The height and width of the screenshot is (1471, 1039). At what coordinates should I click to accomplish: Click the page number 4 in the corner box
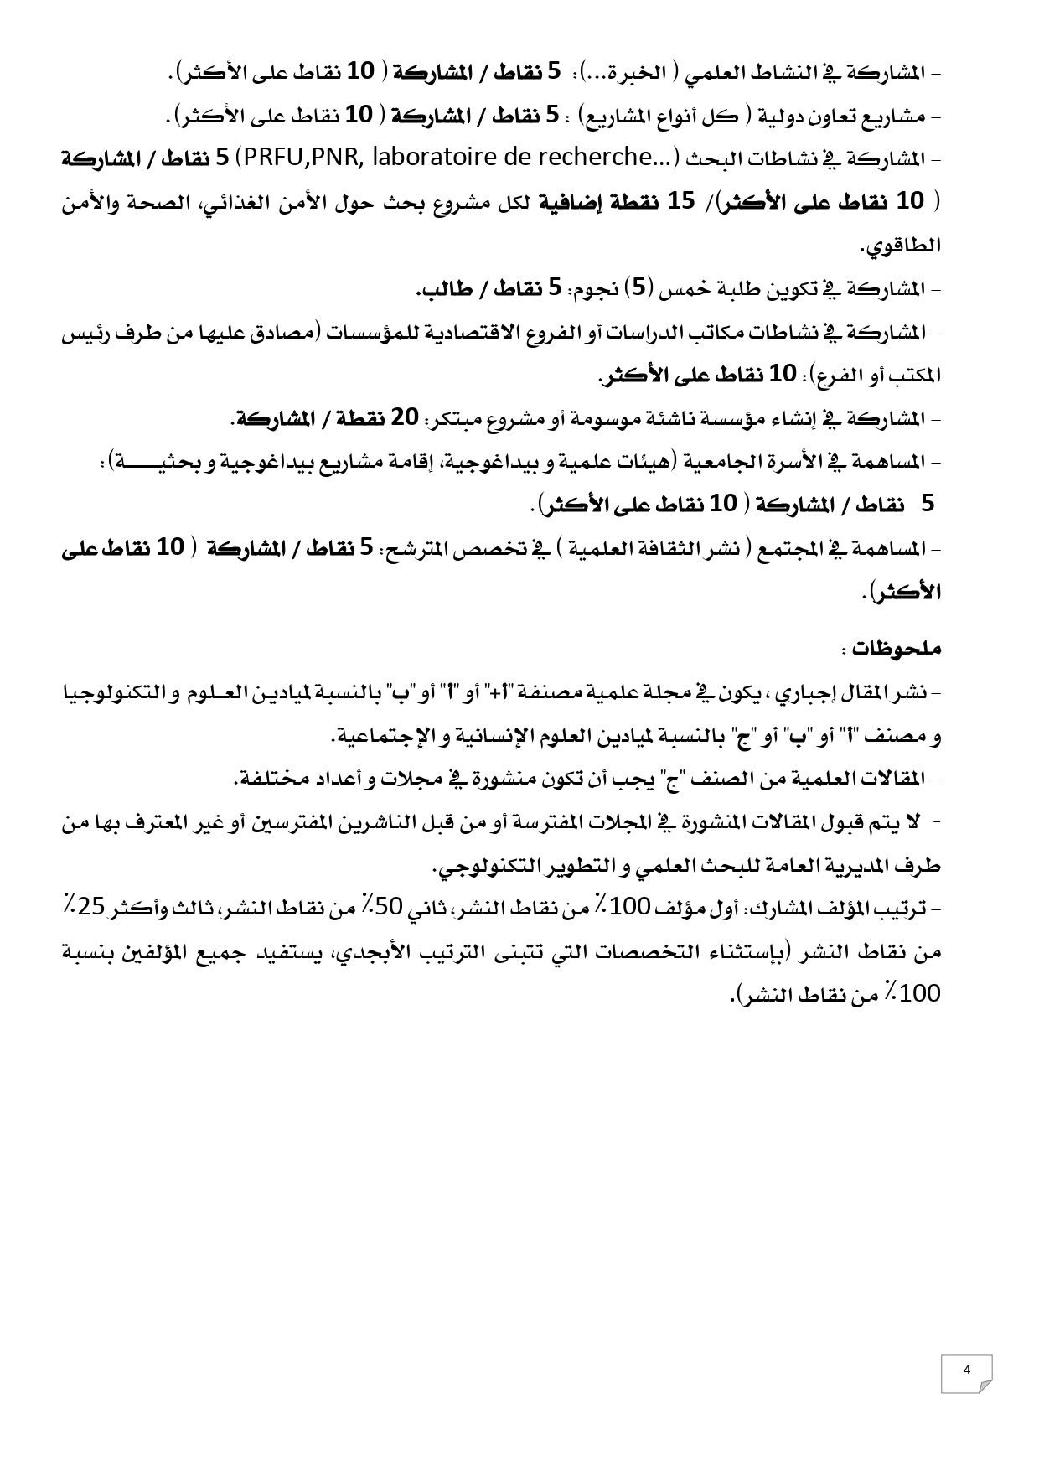click(966, 1370)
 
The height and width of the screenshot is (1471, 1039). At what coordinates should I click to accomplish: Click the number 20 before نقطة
click(406, 417)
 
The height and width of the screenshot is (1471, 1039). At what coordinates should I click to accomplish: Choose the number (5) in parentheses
click(640, 289)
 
